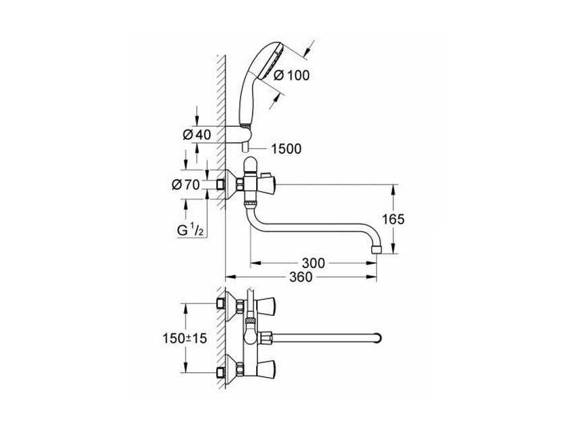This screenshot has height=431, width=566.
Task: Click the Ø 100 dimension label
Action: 292,75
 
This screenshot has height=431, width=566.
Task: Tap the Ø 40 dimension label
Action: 197,135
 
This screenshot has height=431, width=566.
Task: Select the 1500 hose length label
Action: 286,149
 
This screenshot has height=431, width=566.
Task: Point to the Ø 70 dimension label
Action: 185,185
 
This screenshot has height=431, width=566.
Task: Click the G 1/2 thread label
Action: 190,230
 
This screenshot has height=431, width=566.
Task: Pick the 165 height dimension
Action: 394,219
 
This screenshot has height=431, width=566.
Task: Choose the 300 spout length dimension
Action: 313,263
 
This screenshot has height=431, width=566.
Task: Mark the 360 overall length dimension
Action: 301,277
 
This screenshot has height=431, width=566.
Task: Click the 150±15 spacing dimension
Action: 185,338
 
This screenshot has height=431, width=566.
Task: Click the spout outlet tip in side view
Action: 377,249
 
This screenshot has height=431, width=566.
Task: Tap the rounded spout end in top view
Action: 377,338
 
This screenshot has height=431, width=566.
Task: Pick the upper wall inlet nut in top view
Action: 220,303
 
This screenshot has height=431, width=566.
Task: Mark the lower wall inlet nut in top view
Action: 220,372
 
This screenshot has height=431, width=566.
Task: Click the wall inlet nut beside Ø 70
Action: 220,185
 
